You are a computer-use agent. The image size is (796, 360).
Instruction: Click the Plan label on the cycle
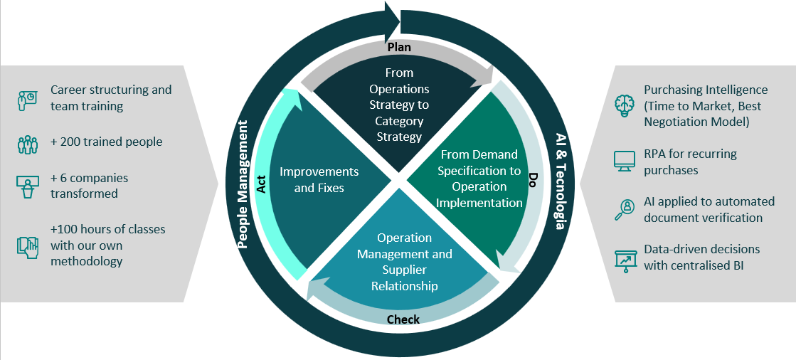(x=399, y=47)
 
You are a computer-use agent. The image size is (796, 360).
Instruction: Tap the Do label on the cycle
(x=531, y=179)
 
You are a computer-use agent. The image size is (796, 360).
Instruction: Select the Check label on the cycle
(x=403, y=319)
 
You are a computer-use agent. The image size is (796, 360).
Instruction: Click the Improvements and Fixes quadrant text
(x=319, y=180)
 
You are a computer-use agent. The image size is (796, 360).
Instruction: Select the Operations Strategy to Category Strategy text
(x=399, y=105)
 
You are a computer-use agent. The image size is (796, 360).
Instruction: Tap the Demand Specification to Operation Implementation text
(x=479, y=179)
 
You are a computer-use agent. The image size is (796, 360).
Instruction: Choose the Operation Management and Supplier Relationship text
(x=404, y=261)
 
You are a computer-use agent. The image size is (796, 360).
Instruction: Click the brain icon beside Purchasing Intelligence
(x=624, y=103)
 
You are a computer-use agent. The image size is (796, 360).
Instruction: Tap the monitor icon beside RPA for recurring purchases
(x=624, y=161)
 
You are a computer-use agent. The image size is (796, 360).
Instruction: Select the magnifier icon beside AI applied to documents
(x=624, y=209)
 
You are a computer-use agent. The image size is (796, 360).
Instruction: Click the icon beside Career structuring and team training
(x=27, y=100)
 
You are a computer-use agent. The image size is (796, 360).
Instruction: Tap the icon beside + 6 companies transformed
(x=27, y=186)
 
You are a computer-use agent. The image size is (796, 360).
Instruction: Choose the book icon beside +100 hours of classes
(x=27, y=246)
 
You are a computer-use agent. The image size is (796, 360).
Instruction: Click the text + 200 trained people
(x=106, y=141)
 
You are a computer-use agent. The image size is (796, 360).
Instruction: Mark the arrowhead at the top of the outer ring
(x=393, y=17)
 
